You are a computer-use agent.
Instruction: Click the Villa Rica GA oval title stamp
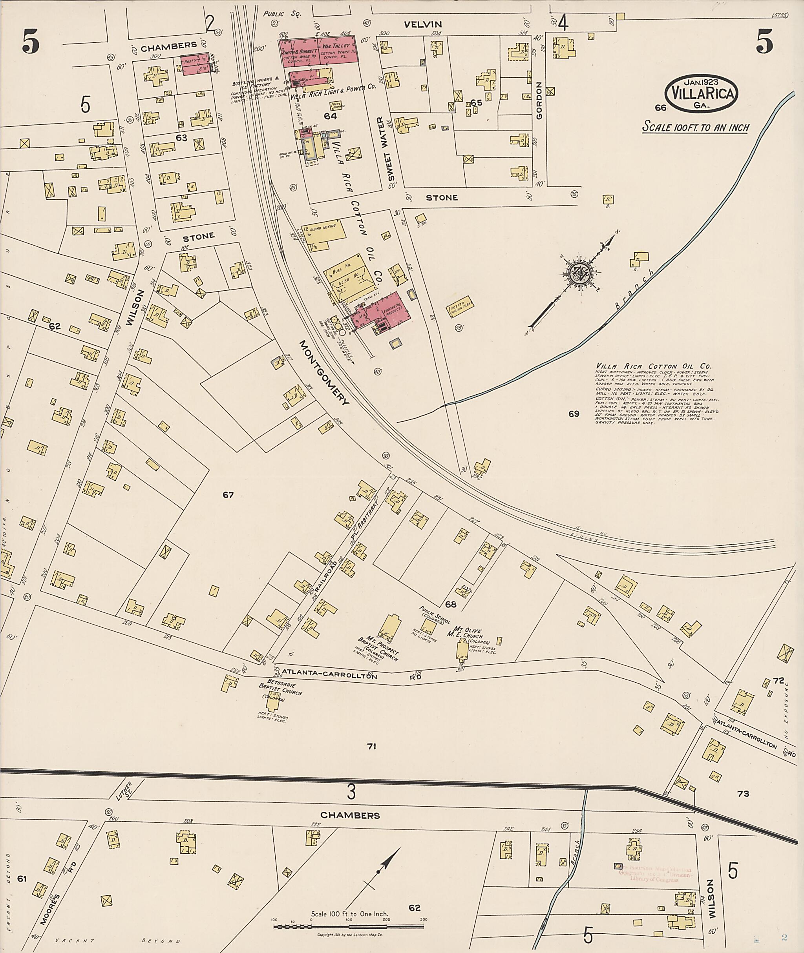(x=702, y=93)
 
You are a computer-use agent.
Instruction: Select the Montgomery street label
(x=325, y=372)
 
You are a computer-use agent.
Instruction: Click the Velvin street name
(x=422, y=24)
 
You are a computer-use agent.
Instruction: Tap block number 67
(x=228, y=495)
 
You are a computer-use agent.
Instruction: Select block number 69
(x=574, y=414)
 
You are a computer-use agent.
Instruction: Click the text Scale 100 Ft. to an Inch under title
(x=696, y=127)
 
